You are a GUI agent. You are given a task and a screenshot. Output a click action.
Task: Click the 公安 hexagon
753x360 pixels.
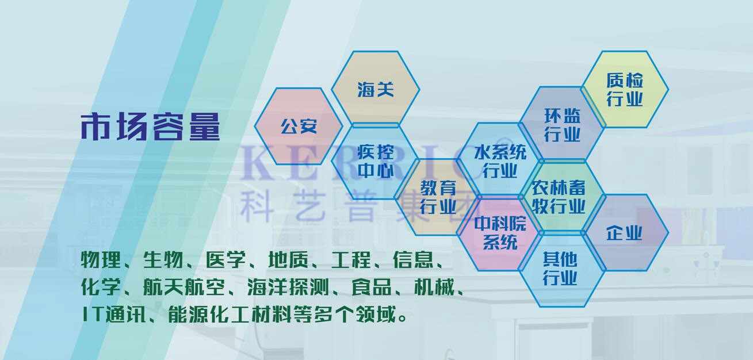[299, 127]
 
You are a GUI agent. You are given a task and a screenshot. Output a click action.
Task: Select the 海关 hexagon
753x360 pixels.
[376, 89]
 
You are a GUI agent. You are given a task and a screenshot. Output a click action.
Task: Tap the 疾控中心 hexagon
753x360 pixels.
[376, 162]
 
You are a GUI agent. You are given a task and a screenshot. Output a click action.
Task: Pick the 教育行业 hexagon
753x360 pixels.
[438, 197]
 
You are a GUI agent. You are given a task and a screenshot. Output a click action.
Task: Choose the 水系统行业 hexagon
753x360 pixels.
[500, 160]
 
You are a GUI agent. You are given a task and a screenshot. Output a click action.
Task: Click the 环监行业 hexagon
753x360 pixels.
[562, 124]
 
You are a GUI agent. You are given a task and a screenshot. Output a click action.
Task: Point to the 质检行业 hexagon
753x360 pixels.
[625, 89]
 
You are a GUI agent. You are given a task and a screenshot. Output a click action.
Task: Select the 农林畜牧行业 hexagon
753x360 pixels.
[562, 197]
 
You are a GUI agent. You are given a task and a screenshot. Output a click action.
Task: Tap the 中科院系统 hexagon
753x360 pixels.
[500, 233]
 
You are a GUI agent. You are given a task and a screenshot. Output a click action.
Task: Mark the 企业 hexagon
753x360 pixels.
[625, 232]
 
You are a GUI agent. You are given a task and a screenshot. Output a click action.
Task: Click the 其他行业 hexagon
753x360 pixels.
[562, 269]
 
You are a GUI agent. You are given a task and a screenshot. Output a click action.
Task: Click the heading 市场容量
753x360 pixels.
[151, 127]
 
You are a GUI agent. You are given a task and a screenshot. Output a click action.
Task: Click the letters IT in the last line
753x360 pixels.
[92, 315]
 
